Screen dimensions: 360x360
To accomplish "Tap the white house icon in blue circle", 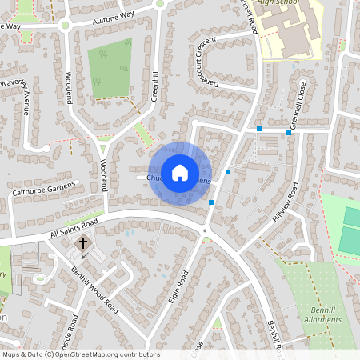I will click(x=179, y=172).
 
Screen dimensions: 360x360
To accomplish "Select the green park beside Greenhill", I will click(x=110, y=68).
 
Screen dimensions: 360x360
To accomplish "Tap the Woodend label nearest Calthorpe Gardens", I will click(x=103, y=174).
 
